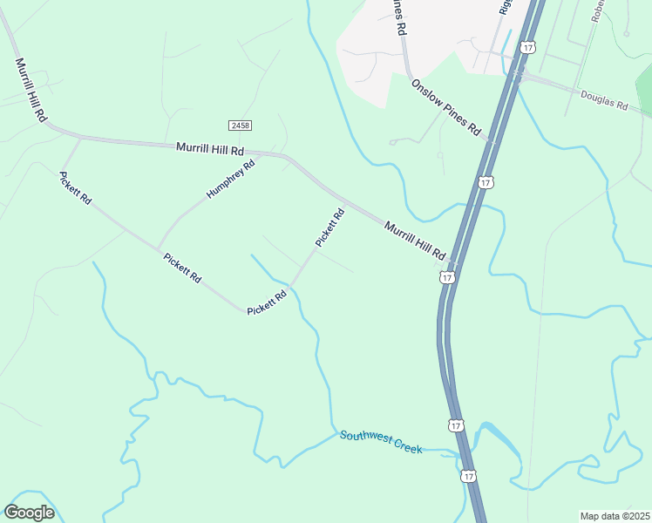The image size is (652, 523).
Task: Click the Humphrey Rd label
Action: coord(231,178)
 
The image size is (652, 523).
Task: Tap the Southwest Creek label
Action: coord(381,442)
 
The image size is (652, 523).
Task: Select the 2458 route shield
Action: coord(241,126)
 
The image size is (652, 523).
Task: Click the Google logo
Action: coord(29,512)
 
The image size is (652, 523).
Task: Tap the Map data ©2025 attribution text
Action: coord(615,516)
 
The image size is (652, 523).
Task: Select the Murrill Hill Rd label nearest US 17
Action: coord(415,238)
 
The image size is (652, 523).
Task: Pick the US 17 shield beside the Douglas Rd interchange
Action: coord(527,47)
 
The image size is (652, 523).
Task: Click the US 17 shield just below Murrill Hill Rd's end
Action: coord(446,276)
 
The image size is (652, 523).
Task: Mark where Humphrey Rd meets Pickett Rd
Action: coord(158,247)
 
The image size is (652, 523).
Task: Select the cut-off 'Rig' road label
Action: coord(504,7)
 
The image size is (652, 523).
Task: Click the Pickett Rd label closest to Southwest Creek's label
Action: coord(267,303)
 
